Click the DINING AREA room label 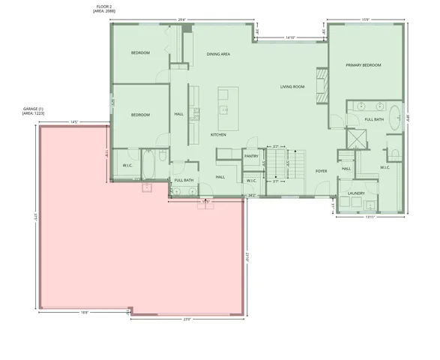click(218, 54)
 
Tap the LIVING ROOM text click(292, 87)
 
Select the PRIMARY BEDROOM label click(364, 65)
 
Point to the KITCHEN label click(218, 134)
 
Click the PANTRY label click(251, 156)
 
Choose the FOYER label click(321, 171)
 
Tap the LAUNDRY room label click(356, 193)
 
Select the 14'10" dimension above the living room click(289, 37)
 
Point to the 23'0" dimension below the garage click(187, 319)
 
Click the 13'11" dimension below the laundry click(370, 217)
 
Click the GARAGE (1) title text click(34, 108)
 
